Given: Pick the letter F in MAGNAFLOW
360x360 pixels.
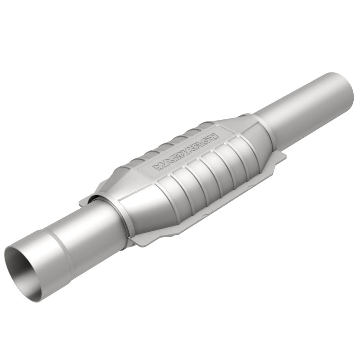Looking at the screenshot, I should (x=193, y=147).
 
